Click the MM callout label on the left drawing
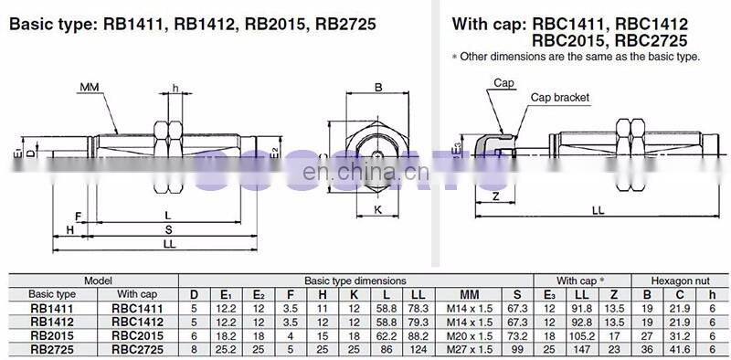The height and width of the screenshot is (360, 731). pos(89,87)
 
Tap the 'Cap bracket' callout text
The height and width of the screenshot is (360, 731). pos(559,97)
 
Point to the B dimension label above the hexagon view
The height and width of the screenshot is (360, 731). pos(378,88)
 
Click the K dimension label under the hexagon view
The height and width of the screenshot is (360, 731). pos(378,209)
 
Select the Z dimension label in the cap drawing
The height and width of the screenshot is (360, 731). pos(494,196)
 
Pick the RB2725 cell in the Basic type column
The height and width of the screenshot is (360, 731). pos(53,348)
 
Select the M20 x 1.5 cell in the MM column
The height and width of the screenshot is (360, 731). pos(469,335)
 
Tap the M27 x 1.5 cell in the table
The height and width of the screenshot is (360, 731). pos(469,348)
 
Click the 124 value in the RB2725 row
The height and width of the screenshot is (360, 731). pos(418,348)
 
